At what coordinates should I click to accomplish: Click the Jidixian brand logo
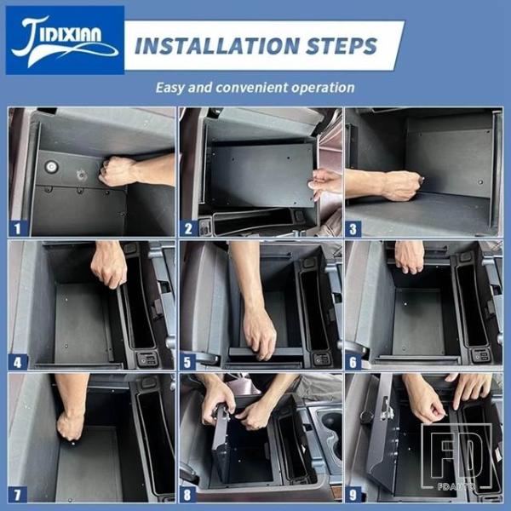[65, 40]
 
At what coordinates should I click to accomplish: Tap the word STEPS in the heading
[342, 46]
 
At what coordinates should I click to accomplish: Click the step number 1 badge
[17, 228]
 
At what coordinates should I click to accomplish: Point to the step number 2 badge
[188, 228]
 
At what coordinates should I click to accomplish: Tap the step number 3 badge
[353, 228]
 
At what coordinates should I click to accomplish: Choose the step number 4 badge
[17, 362]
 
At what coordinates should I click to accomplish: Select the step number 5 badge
[188, 362]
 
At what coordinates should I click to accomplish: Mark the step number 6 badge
[353, 362]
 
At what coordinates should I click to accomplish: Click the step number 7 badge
[17, 495]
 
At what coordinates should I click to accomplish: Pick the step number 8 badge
[188, 495]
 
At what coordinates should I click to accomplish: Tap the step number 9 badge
[353, 495]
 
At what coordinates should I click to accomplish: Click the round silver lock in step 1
[51, 167]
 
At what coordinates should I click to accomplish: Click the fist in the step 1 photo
[116, 171]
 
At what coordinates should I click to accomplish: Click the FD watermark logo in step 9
[456, 456]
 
